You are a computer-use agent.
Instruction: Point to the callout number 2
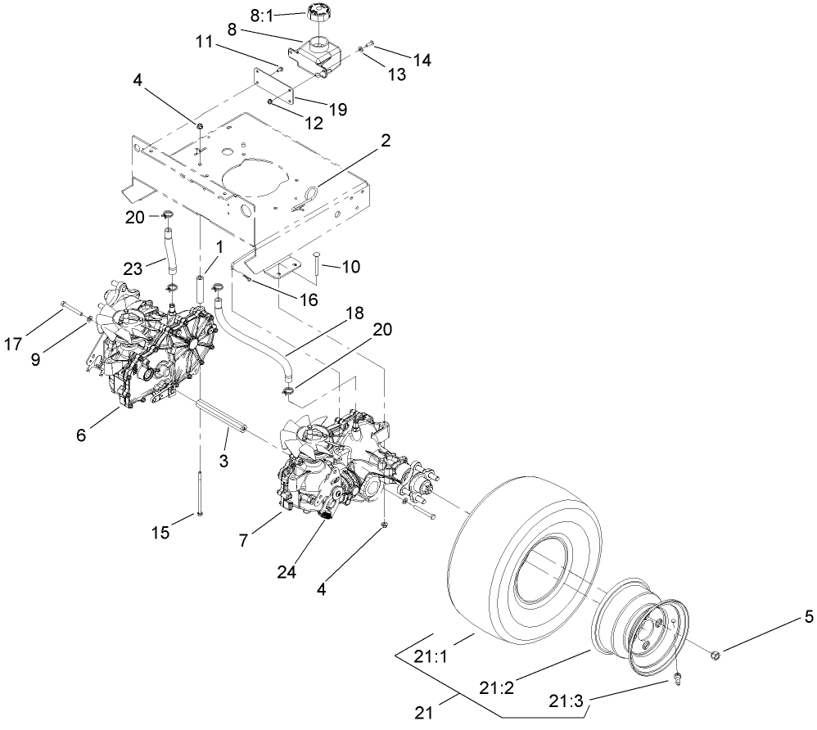[x=385, y=141]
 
